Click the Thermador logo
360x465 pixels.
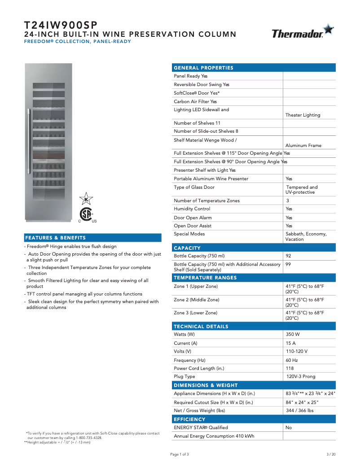tap(302, 32)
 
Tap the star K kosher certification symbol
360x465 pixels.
tap(86, 198)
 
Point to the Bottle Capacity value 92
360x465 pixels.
tap(288, 256)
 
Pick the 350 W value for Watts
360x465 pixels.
tap(293, 335)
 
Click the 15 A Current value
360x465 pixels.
tap(291, 343)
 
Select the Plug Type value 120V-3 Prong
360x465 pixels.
tap(301, 377)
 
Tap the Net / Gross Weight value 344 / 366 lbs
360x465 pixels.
tap(300, 411)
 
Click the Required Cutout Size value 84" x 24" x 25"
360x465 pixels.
tap(302, 403)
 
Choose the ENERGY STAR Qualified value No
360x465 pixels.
tap(289, 428)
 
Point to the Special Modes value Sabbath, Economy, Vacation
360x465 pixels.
tap(306, 237)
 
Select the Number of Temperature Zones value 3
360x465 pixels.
tap(288, 201)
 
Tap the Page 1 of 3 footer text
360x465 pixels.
tap(180, 454)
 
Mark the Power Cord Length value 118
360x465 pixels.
tap(290, 369)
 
